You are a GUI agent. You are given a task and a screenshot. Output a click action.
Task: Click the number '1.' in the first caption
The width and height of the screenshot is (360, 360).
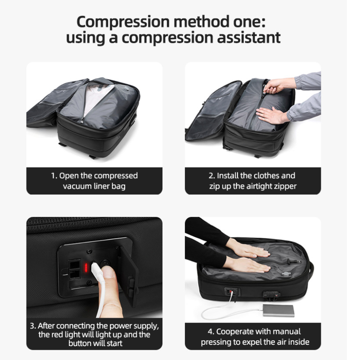click(x=54, y=175)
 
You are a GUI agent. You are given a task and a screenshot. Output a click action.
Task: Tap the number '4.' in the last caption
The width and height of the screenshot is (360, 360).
click(x=211, y=332)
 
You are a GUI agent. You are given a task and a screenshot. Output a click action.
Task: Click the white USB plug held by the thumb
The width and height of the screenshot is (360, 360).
click(x=95, y=273)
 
